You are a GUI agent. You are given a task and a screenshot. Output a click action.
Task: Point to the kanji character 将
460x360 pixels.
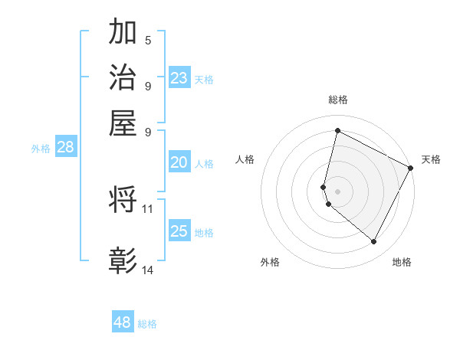123,200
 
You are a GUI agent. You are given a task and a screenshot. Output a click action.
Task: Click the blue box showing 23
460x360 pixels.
179,78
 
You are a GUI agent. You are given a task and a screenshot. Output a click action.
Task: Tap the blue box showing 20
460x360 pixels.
179,162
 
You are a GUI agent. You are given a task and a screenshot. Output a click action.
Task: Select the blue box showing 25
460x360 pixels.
179,231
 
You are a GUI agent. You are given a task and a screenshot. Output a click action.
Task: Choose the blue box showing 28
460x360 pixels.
65,148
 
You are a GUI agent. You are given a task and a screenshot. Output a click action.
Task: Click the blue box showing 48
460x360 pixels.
123,322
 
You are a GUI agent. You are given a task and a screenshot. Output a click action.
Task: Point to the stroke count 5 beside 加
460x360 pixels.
147,39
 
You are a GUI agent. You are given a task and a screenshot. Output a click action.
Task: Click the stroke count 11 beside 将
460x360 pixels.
148,208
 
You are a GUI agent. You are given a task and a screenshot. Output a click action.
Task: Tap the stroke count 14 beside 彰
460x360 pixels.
148,270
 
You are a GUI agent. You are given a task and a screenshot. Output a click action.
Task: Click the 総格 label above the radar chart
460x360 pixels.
338,100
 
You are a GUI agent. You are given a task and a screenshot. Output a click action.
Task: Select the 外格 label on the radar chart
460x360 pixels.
270,262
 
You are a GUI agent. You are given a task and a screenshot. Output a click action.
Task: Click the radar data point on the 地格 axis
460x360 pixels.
373,242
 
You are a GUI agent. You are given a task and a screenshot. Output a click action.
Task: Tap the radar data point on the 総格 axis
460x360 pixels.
337,131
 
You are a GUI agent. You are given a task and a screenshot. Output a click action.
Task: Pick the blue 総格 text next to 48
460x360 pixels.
148,324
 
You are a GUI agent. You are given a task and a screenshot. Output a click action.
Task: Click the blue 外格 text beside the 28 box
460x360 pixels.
41,149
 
